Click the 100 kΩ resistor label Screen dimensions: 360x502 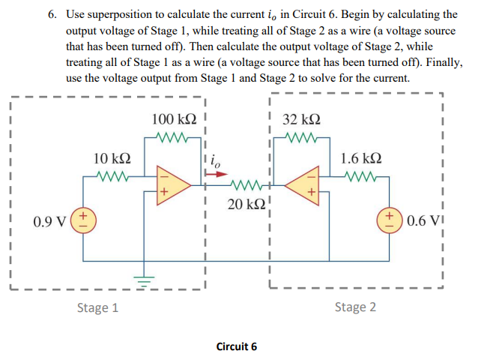pyautogui.click(x=174, y=120)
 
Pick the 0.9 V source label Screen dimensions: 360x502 pyautogui.click(x=49, y=223)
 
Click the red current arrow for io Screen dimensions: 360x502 pyautogui.click(x=217, y=173)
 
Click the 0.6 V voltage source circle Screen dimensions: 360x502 pyautogui.click(x=391, y=223)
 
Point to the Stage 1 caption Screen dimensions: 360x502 pyautogui.click(x=97, y=307)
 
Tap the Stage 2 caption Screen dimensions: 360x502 pyautogui.click(x=355, y=307)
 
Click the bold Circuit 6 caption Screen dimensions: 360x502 pyautogui.click(x=236, y=346)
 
